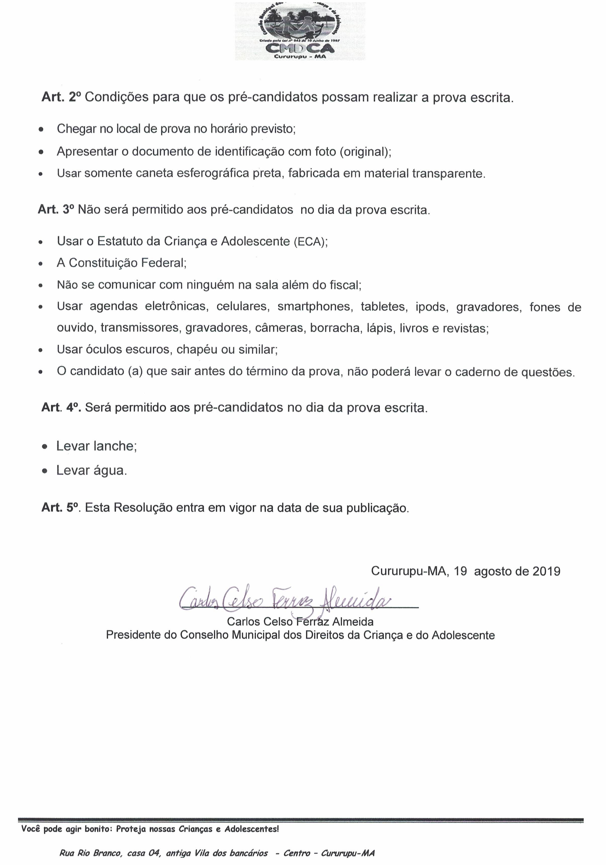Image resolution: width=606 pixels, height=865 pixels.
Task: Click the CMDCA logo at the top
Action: [x=300, y=31]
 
